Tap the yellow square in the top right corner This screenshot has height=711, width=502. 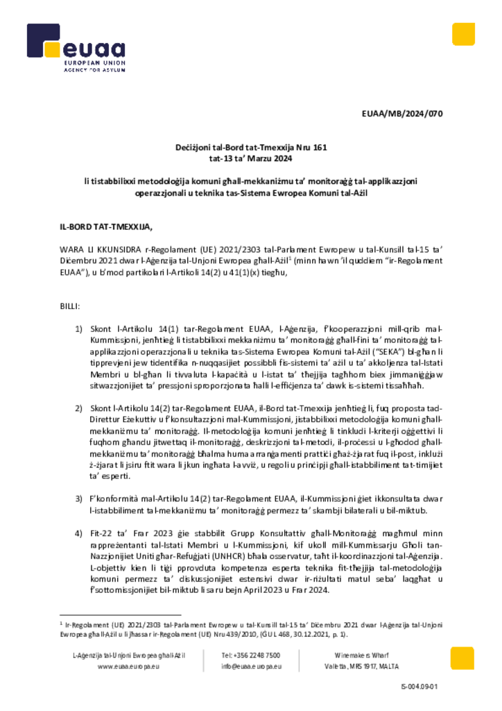pyautogui.click(x=463, y=34)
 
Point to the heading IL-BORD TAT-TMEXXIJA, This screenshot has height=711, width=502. pyautogui.click(x=105, y=227)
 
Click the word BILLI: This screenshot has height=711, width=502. pyautogui.click(x=70, y=306)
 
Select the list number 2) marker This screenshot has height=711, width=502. pyautogui.click(x=78, y=408)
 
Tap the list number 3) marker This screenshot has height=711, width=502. pyautogui.click(x=78, y=499)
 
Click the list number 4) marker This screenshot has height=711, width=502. pyautogui.click(x=78, y=533)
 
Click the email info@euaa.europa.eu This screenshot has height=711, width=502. pyautogui.click(x=251, y=667)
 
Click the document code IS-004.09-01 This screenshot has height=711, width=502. pyautogui.click(x=419, y=687)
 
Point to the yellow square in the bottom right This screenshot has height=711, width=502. pyautogui.click(x=462, y=658)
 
